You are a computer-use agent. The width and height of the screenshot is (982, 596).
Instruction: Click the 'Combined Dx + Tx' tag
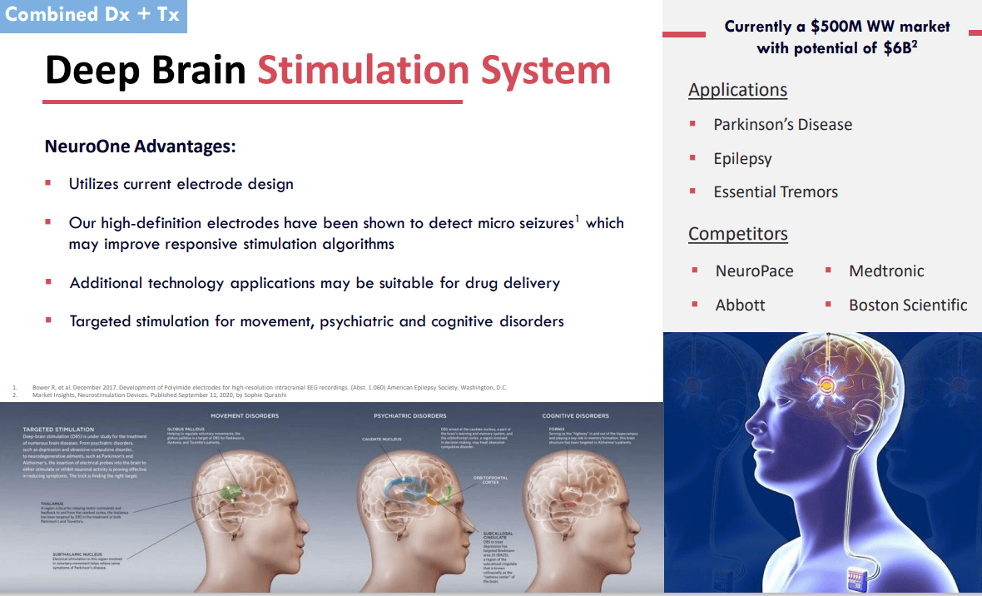point(92,15)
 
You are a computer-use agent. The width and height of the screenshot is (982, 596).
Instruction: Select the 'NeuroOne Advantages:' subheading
point(140,147)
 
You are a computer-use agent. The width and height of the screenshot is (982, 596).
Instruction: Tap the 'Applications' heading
point(737,90)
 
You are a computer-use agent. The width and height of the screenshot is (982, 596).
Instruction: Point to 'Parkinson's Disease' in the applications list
point(782,124)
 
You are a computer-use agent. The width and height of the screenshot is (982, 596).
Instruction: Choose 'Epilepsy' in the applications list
point(742,158)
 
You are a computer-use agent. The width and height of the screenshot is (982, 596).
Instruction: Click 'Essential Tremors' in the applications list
point(775,191)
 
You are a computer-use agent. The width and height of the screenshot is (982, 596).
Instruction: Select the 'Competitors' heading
point(737,234)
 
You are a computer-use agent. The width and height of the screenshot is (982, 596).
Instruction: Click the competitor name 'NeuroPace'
point(754,271)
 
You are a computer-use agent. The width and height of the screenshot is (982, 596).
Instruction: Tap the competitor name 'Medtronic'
point(886,271)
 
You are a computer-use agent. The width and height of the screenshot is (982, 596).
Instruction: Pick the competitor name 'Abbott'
point(740,305)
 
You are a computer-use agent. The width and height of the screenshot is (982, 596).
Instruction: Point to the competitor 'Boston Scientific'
point(908,305)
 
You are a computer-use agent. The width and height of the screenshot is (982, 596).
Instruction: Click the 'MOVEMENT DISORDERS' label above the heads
point(245,415)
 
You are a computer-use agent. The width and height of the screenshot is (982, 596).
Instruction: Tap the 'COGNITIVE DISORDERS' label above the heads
point(575,415)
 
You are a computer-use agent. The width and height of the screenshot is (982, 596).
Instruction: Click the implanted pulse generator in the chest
point(865,575)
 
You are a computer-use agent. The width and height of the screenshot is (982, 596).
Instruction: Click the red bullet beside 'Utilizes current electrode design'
point(48,182)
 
